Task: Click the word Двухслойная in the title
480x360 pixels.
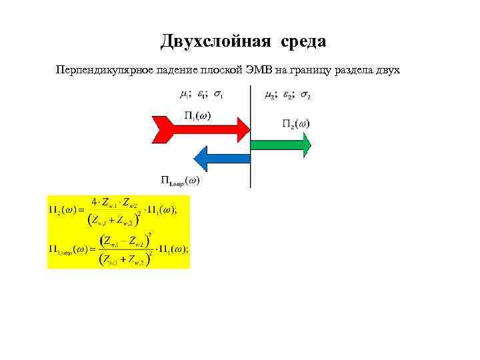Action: pyautogui.click(x=215, y=42)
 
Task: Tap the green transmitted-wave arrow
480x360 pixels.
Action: pyautogui.click(x=280, y=143)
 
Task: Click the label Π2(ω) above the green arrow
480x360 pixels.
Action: pyautogui.click(x=295, y=123)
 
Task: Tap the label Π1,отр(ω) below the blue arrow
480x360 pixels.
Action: pyautogui.click(x=180, y=179)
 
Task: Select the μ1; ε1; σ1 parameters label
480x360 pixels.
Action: pyautogui.click(x=201, y=95)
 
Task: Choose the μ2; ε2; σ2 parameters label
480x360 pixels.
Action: pyautogui.click(x=287, y=95)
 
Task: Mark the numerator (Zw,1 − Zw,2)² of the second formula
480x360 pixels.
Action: pyautogui.click(x=123, y=241)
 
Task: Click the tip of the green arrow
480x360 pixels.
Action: pyautogui.click(x=307, y=143)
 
